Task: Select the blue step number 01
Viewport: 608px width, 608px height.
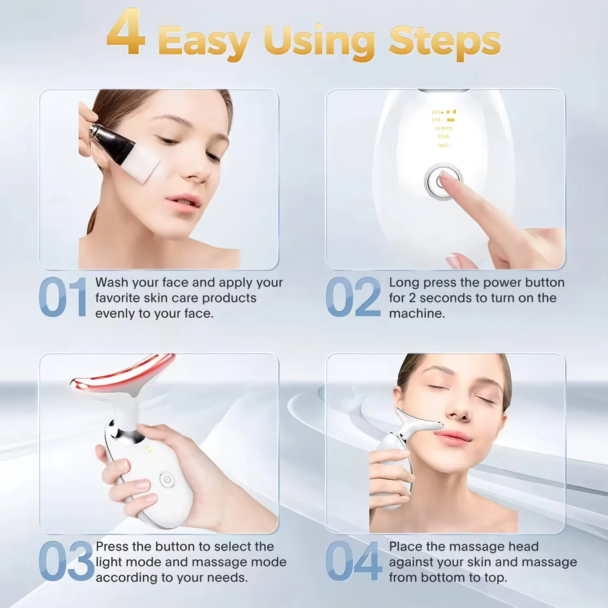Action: [63, 297]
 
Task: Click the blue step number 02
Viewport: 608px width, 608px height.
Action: [353, 297]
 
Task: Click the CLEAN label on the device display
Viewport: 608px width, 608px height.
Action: [443, 128]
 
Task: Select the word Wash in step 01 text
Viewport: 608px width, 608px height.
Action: [112, 283]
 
